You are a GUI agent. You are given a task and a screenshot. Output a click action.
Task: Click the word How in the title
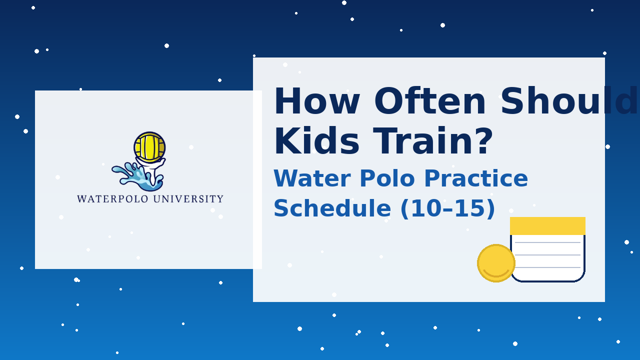tap(317, 101)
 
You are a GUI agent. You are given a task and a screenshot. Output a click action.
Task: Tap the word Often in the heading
tap(430, 101)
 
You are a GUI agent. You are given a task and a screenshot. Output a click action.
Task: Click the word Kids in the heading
tap(316, 141)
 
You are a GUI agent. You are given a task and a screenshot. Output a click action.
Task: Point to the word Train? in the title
tap(433, 141)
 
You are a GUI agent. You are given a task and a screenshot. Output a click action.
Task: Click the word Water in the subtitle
tap(312, 178)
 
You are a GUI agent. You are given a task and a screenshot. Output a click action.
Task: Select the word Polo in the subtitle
tap(387, 178)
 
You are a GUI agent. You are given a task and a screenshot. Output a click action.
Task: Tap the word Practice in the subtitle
tap(476, 178)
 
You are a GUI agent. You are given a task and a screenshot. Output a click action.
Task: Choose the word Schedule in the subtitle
tap(332, 208)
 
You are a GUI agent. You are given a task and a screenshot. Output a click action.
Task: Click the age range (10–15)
tap(447, 208)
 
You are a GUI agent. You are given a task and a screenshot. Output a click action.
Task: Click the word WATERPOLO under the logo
tap(113, 199)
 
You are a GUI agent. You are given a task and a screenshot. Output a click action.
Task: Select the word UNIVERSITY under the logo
tap(188, 199)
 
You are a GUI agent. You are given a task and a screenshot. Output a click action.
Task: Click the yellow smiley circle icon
tap(496, 263)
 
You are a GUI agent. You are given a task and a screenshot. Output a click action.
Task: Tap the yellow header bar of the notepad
tap(547, 226)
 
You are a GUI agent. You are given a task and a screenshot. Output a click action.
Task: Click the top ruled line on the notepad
tap(547, 242)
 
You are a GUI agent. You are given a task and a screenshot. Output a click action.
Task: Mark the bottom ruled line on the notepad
tap(547, 267)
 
